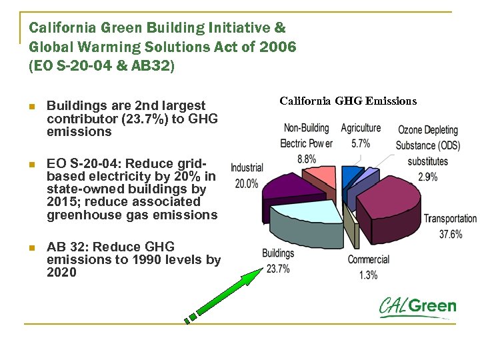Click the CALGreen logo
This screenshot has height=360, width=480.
417,307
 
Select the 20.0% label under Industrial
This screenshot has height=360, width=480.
247,183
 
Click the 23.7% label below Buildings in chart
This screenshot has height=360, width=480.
278,269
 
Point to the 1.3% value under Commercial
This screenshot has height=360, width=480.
368,275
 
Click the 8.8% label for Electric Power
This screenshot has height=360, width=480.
307,159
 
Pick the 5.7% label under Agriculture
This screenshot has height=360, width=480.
361,143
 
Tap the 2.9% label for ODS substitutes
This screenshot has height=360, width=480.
427,177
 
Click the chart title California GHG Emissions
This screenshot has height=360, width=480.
348,101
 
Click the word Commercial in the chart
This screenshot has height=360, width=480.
368,259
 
